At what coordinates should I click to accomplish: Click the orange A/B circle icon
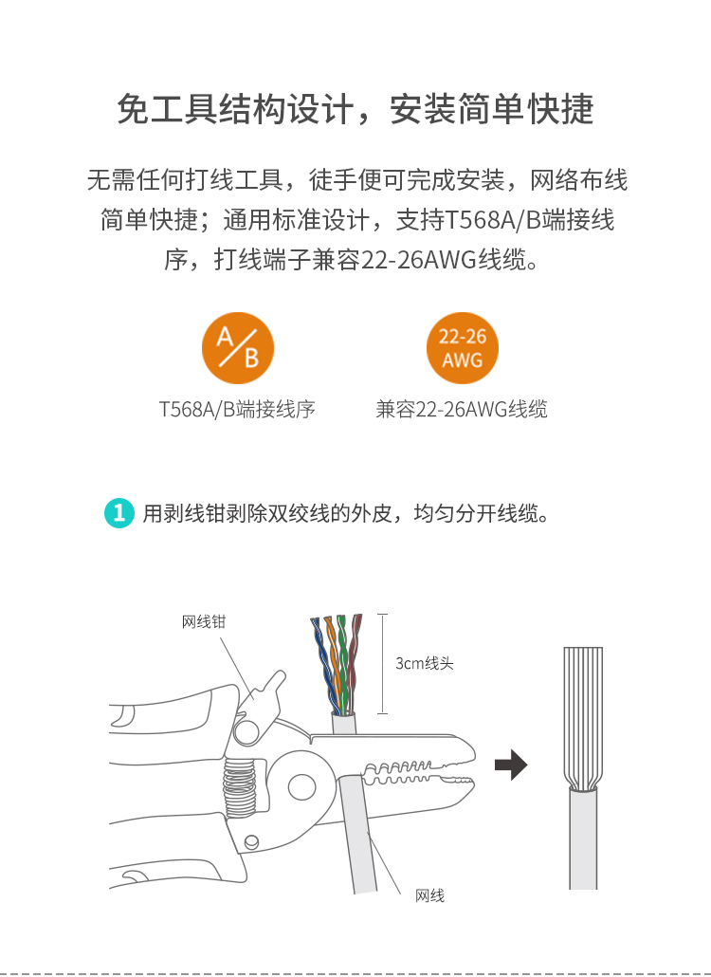point(238,348)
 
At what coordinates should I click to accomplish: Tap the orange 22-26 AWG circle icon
point(463,348)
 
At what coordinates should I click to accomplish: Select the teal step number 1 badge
point(118,513)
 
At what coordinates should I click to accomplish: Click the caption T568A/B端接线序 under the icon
point(237,410)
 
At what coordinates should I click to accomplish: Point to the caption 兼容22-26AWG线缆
point(462,410)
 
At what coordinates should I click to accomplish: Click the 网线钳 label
point(204,621)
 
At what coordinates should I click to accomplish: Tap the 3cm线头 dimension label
point(425,663)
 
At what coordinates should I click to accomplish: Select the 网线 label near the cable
point(429,895)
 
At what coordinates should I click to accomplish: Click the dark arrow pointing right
point(511,765)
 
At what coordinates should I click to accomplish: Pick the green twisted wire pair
point(343,664)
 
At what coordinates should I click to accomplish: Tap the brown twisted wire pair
point(354,663)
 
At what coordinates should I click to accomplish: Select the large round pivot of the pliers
point(302,786)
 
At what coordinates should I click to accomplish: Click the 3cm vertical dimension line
point(382,664)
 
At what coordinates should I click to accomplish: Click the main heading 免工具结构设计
point(235,109)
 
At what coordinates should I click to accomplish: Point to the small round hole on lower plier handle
point(251,841)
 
